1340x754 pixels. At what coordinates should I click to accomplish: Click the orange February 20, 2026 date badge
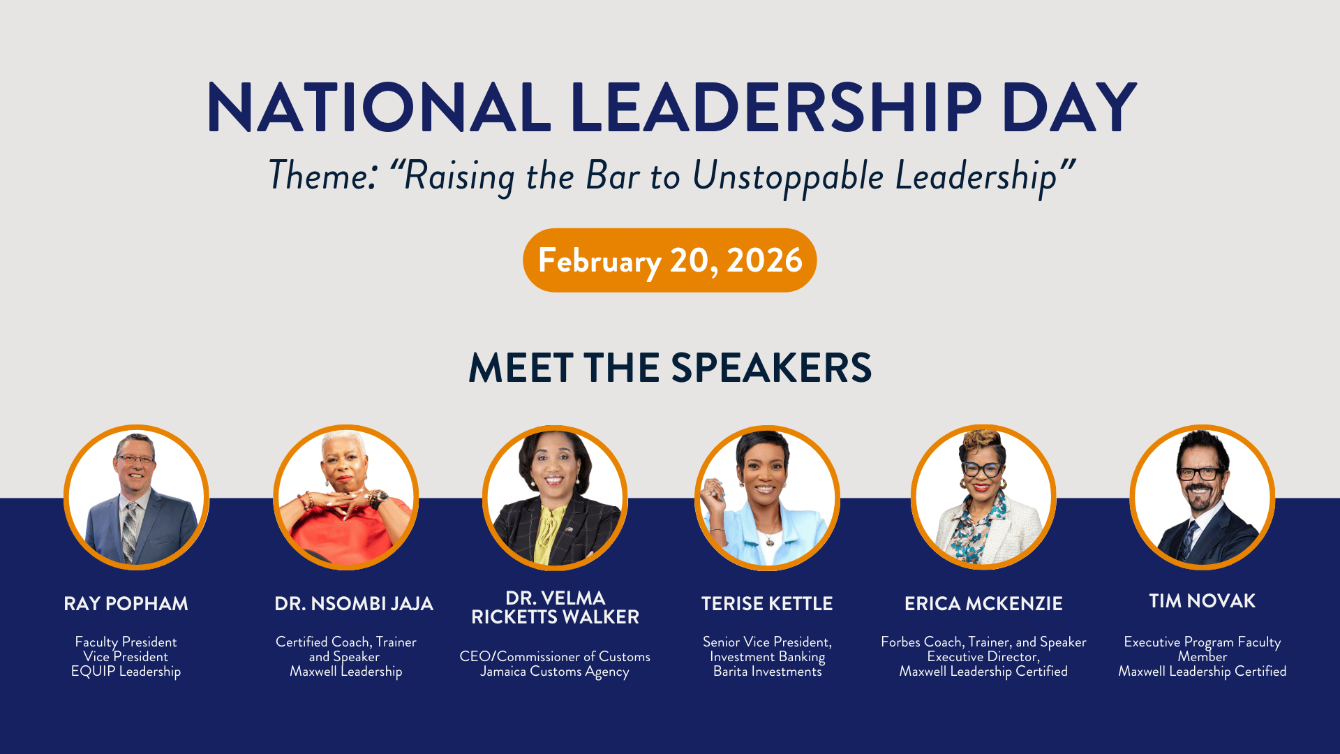pos(670,260)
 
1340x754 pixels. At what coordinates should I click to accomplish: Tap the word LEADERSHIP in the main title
pos(776,108)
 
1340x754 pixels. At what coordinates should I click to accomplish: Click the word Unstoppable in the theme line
pos(788,176)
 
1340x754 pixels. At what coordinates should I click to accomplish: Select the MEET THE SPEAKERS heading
pos(670,368)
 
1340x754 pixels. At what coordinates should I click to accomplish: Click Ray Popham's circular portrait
pos(137,497)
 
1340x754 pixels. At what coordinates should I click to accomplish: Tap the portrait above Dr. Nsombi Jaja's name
pos(346,497)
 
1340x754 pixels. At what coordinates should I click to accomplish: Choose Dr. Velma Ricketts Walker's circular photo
pos(555,498)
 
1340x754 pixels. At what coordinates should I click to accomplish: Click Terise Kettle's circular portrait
pos(767,498)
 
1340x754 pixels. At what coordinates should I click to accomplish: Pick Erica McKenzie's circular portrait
pos(983,497)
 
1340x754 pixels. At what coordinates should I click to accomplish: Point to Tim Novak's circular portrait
pos(1203,497)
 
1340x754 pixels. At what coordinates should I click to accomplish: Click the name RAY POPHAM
pos(126,604)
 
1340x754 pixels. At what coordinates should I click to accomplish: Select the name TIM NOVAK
pos(1203,601)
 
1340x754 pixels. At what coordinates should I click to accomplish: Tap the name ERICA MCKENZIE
pos(983,604)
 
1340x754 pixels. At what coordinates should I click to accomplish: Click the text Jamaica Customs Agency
pos(555,672)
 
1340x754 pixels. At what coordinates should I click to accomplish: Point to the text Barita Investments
pos(768,672)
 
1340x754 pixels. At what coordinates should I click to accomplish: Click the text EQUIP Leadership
pos(126,672)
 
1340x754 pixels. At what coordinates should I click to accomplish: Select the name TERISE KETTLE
pos(767,604)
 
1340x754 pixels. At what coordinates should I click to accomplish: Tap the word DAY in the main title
pos(1069,108)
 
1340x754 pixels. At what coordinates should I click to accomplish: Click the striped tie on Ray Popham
pos(130,531)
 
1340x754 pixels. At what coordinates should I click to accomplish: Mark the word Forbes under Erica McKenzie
pos(900,642)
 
